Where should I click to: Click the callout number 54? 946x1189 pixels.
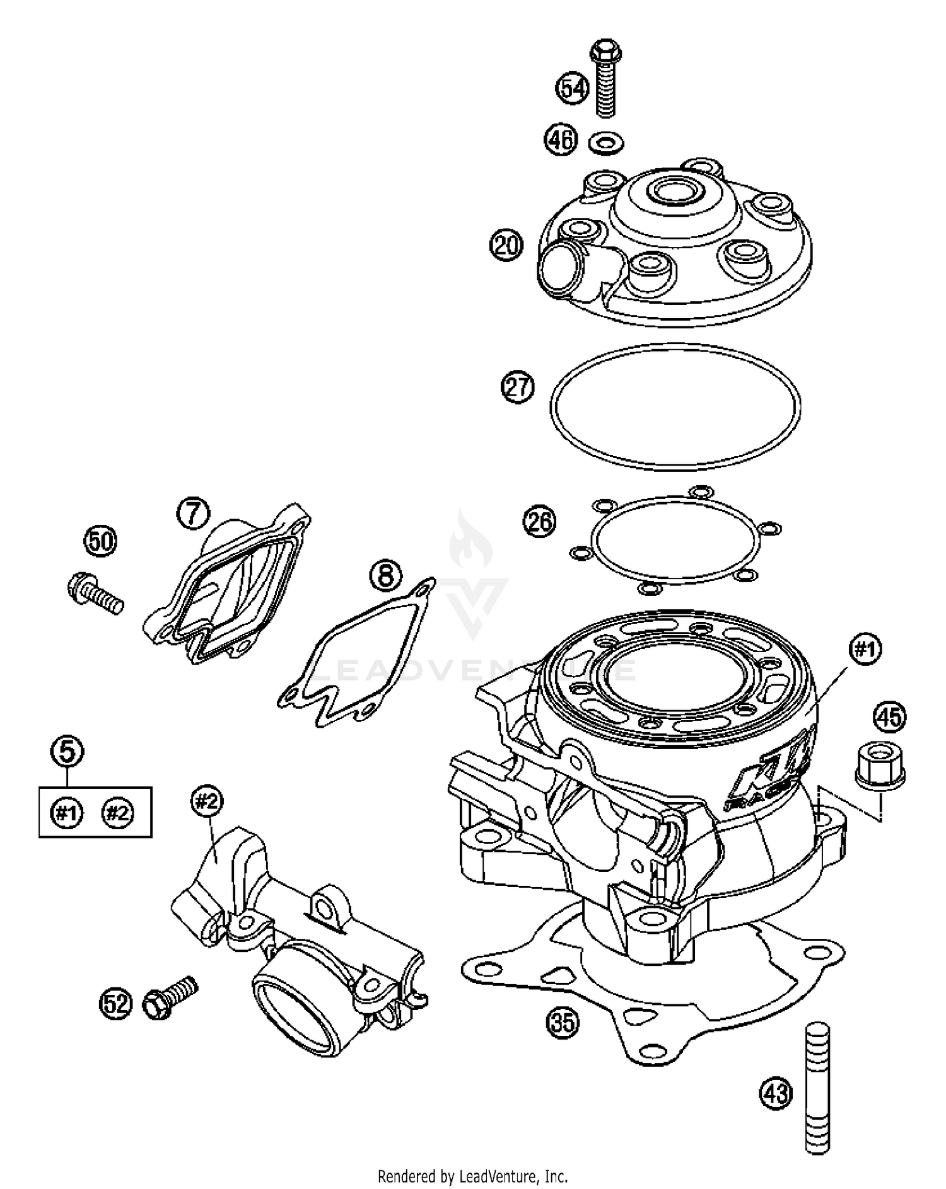[x=573, y=88]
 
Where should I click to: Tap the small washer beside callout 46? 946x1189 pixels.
[x=607, y=142]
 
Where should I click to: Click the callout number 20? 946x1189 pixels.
[x=506, y=244]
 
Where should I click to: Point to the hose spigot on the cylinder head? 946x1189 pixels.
[x=558, y=270]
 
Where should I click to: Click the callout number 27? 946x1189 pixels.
[x=517, y=388]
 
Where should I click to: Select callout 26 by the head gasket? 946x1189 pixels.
[x=539, y=522]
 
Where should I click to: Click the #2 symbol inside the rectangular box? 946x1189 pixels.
[x=118, y=813]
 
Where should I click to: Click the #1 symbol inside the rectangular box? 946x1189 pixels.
[x=67, y=813]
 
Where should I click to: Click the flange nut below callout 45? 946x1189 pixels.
[x=880, y=766]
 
